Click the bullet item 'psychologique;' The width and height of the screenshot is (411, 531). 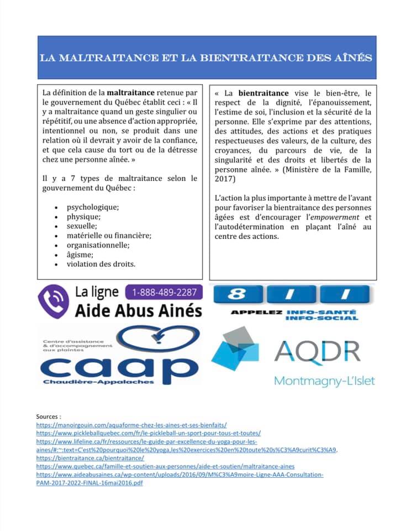pyautogui.click(x=92, y=207)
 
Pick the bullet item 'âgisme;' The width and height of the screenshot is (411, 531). pyautogui.click(x=80, y=254)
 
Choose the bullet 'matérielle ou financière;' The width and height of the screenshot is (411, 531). pyautogui.click(x=109, y=236)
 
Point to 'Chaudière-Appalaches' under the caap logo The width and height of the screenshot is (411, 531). pyautogui.click(x=98, y=382)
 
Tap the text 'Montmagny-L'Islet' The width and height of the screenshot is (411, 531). pyautogui.click(x=324, y=381)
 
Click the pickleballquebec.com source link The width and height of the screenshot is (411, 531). pyautogui.click(x=148, y=433)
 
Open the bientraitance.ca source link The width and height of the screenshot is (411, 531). pyautogui.click(x=90, y=458)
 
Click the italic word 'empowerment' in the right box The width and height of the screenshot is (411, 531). pyautogui.click(x=326, y=217)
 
